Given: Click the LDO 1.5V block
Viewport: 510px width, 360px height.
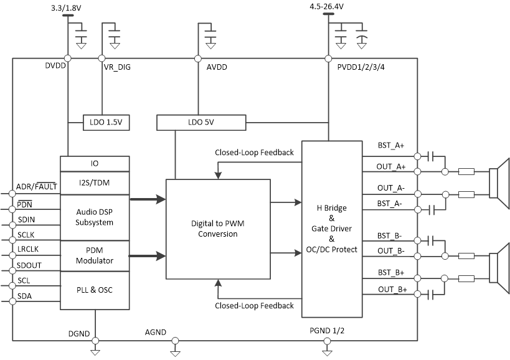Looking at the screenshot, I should pos(106,122).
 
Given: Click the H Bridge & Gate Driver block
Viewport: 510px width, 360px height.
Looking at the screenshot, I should pos(332,229).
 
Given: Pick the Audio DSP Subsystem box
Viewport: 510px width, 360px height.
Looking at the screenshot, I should pos(95,217).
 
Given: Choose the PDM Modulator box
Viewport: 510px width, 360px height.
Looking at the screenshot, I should pos(95,255).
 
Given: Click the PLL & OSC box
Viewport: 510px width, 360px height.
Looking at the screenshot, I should pos(95,290).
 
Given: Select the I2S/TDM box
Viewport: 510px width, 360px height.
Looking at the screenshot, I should pos(95,182).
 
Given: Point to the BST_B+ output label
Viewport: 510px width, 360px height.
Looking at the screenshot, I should pos(391,273).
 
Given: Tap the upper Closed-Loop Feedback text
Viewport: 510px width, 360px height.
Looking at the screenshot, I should pos(254,152).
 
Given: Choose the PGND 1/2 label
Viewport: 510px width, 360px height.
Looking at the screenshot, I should pos(327,330).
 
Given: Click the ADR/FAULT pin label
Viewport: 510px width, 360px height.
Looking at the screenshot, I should pos(37,186).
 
